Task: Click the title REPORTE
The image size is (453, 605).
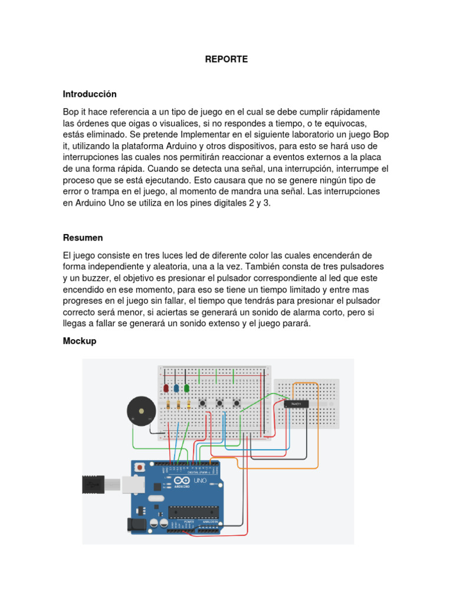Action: (x=226, y=59)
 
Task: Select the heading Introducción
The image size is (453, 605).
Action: (x=90, y=94)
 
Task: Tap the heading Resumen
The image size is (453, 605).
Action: (x=83, y=238)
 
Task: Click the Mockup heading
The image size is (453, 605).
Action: (x=80, y=341)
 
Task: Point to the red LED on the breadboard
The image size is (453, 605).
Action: (x=166, y=389)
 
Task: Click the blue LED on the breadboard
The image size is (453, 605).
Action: (x=176, y=389)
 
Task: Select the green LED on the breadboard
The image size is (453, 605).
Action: (x=186, y=389)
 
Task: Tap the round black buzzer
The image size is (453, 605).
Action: (x=142, y=411)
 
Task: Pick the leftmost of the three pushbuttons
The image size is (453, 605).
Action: (x=202, y=404)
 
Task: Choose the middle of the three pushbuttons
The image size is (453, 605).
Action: (x=219, y=404)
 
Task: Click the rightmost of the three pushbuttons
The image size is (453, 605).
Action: (x=237, y=404)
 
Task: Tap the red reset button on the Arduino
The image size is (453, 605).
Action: (x=140, y=467)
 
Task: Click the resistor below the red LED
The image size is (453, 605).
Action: (x=169, y=405)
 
